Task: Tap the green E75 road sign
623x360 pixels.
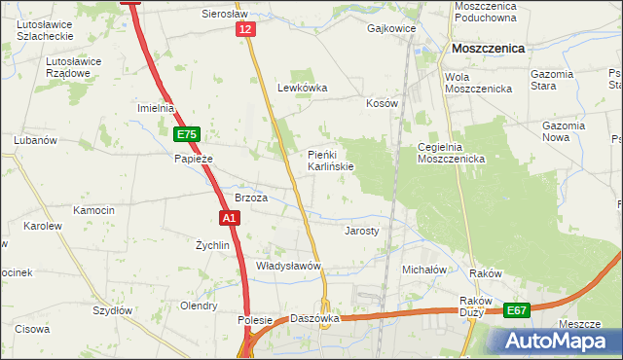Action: point(188,135)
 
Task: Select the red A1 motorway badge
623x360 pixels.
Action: point(228,219)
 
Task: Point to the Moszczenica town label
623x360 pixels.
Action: point(488,48)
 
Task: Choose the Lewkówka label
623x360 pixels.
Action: point(303,88)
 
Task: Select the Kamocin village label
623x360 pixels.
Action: point(94,210)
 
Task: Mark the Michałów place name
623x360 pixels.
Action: point(423,269)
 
